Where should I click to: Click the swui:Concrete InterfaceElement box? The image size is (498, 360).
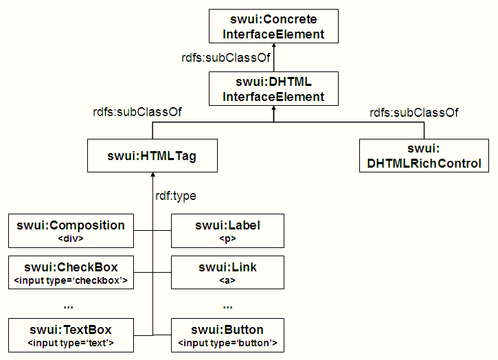(x=273, y=26)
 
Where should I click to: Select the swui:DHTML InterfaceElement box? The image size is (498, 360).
(x=273, y=89)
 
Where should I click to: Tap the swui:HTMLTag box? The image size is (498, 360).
(x=151, y=156)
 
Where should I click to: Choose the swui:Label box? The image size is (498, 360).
(x=227, y=231)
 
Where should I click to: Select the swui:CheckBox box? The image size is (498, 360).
(x=71, y=272)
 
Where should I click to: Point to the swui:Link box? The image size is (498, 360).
(x=227, y=272)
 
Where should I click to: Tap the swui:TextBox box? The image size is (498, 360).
(x=71, y=335)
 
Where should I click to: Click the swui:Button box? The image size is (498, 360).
(x=227, y=335)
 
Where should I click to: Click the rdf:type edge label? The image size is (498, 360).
(x=176, y=196)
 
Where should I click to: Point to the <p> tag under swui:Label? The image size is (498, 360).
(x=227, y=239)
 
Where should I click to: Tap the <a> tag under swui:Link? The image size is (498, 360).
(x=227, y=280)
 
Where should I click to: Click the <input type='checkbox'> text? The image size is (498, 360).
(x=71, y=280)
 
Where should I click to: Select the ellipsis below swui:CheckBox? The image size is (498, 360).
(x=68, y=304)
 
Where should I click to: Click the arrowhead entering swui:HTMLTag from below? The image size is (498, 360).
(x=151, y=176)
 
